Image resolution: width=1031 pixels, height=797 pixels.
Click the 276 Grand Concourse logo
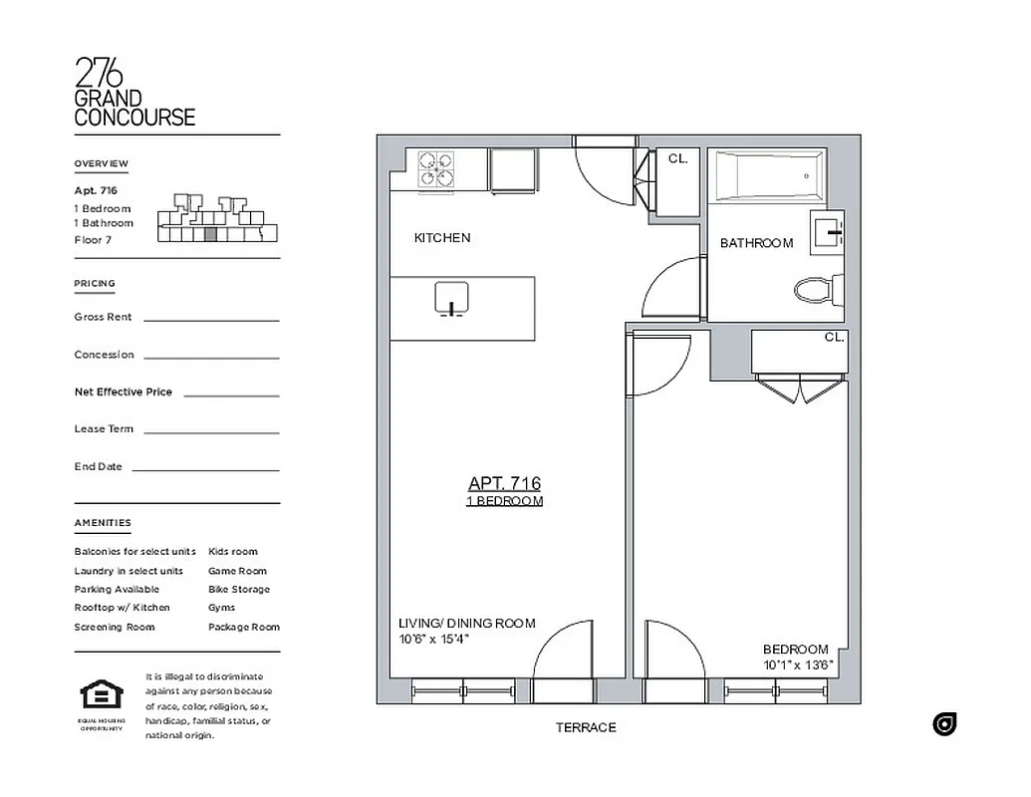click(134, 92)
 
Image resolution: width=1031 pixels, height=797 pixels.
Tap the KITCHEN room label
click(442, 238)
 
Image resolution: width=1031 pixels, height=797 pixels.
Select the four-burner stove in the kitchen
click(435, 168)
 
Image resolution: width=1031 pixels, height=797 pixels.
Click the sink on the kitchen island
click(451, 298)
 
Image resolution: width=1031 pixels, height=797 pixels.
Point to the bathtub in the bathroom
click(766, 175)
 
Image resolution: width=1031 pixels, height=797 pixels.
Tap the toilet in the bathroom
click(818, 291)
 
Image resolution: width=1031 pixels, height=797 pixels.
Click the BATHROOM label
click(756, 243)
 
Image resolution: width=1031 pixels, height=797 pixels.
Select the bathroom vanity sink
click(829, 231)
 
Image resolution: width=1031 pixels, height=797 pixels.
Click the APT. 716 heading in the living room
click(504, 483)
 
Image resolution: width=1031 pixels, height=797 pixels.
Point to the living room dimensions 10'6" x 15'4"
click(434, 640)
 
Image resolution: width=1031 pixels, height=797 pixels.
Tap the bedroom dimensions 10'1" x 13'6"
click(798, 664)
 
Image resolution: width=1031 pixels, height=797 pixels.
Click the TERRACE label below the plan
click(586, 728)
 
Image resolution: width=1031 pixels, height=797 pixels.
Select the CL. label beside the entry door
click(677, 158)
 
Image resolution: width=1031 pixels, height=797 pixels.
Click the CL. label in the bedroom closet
click(834, 338)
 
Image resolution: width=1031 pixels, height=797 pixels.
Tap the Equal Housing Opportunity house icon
click(101, 693)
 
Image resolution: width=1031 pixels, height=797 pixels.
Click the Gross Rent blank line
click(211, 320)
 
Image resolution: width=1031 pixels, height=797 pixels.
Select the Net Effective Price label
click(123, 393)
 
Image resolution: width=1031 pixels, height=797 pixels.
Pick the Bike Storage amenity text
click(238, 590)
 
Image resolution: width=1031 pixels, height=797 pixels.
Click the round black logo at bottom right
click(944, 724)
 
